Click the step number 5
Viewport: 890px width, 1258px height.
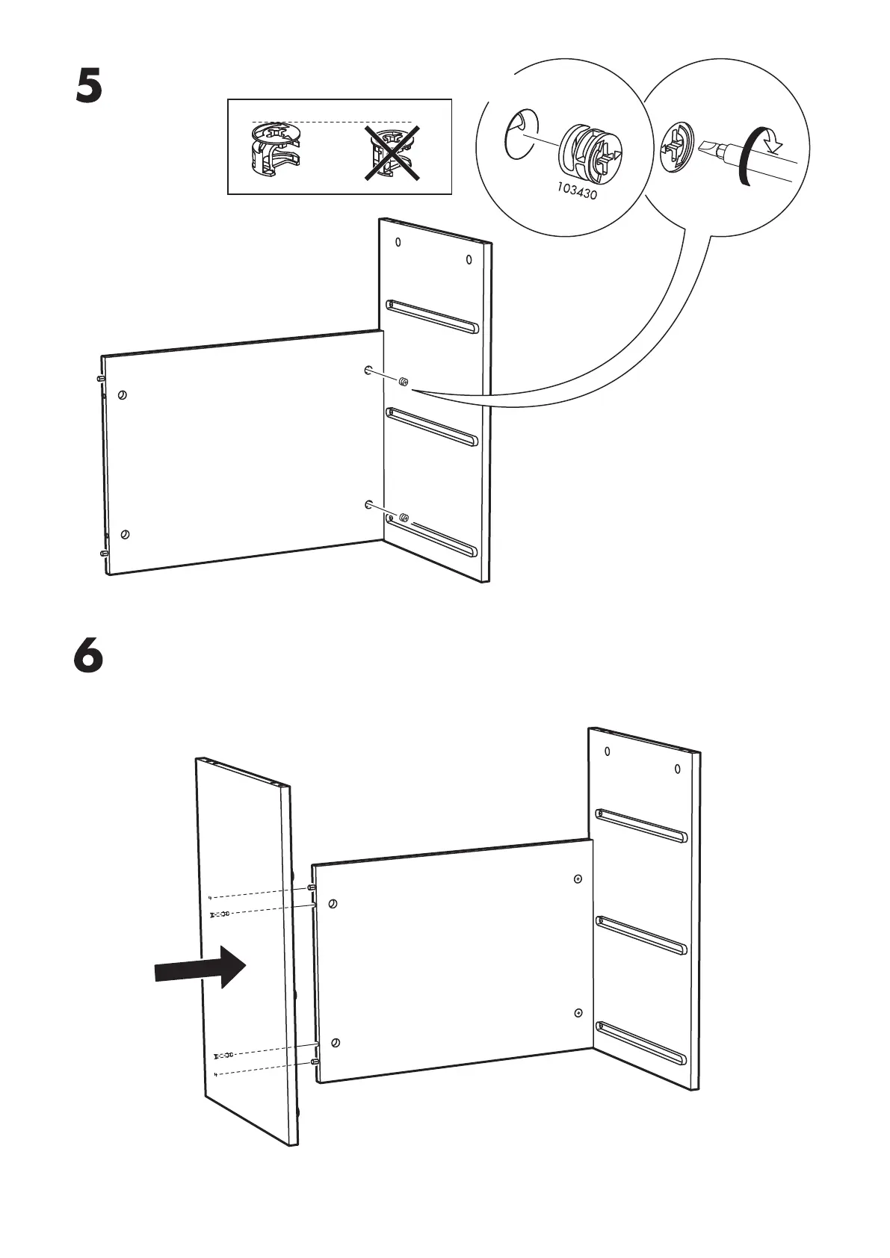[x=88, y=87]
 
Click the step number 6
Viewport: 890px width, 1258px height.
[x=88, y=657]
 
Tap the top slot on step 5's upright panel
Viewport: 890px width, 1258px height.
[x=432, y=316]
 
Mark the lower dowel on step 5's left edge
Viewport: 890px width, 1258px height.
[x=104, y=554]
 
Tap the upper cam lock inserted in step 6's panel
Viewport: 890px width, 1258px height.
[x=578, y=879]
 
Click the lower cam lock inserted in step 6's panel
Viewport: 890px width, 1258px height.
[x=578, y=1012]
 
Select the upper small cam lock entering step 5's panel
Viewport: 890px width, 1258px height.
[x=403, y=382]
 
